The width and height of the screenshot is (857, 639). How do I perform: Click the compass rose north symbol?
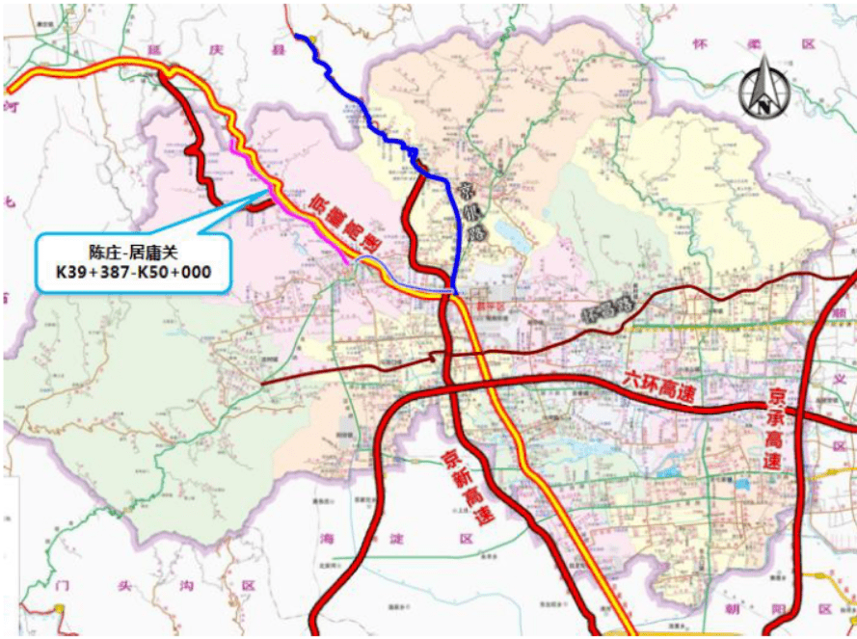[x=764, y=89]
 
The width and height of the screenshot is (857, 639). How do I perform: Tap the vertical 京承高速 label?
[x=775, y=429]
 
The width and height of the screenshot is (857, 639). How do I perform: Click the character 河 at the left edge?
[x=11, y=98]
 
